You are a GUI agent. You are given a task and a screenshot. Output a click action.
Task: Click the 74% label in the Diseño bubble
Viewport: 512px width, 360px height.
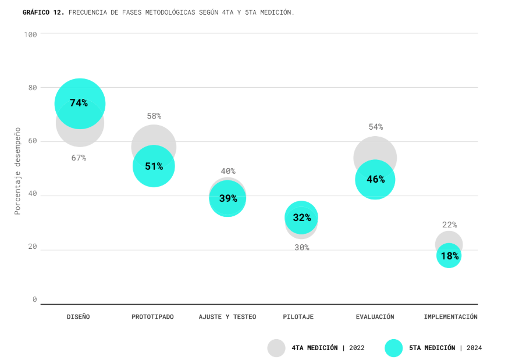[x=79, y=103]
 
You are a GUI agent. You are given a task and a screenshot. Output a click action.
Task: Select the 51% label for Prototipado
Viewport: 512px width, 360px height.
[x=154, y=166]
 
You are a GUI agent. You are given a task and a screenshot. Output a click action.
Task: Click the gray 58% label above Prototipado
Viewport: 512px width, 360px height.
[x=154, y=116]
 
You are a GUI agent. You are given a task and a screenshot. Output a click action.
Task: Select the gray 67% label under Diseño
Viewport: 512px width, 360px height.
[x=79, y=158]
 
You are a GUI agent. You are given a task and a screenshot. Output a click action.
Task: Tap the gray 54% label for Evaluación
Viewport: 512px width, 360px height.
[x=375, y=127]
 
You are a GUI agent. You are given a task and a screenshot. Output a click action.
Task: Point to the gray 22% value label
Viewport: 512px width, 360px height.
[x=449, y=224]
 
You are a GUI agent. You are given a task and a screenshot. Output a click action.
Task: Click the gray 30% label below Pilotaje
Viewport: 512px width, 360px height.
[x=301, y=247]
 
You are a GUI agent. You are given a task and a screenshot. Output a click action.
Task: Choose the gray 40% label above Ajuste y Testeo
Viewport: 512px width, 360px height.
[x=227, y=171]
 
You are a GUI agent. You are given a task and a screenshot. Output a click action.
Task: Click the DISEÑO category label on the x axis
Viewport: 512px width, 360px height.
[x=79, y=317]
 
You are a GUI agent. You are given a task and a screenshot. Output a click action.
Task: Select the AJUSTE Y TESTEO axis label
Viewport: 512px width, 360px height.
[x=227, y=317]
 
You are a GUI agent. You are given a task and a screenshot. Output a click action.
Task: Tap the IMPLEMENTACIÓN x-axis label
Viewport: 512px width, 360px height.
[x=450, y=317]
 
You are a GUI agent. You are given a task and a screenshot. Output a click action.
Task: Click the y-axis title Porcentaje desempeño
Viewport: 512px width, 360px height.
[x=17, y=171]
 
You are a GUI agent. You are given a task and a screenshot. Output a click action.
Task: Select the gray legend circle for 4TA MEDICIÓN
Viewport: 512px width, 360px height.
[x=276, y=348]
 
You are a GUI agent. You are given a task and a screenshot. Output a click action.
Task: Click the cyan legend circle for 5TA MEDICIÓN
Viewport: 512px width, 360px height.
[x=394, y=348]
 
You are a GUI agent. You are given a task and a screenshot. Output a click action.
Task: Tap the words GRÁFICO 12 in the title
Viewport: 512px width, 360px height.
[x=43, y=12]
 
